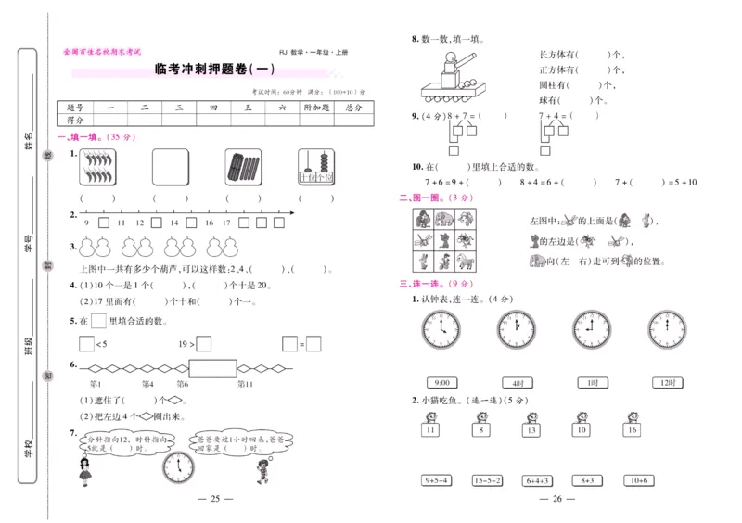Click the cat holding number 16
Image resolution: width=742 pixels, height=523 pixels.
(x=632, y=426)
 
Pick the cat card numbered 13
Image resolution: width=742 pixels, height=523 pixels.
(x=531, y=426)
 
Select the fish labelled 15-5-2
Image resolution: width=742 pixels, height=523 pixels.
(x=486, y=479)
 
